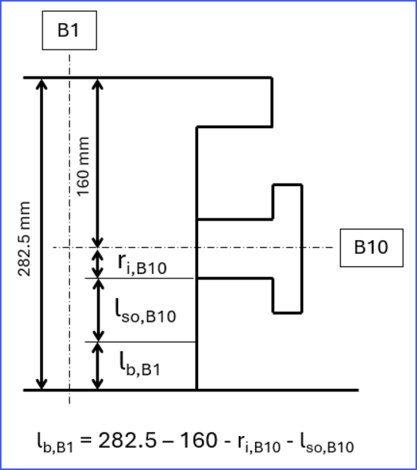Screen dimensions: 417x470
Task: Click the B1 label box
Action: tap(69, 30)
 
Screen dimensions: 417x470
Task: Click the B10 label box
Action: tap(372, 248)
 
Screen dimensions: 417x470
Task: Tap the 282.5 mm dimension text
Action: tap(24, 239)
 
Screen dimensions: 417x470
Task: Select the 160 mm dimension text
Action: tap(83, 167)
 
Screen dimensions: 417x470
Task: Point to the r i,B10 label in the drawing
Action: tap(142, 264)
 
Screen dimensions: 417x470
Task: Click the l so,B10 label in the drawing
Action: tap(146, 312)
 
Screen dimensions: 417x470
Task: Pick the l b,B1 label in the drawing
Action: tap(140, 363)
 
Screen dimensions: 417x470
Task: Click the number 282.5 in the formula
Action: tap(127, 441)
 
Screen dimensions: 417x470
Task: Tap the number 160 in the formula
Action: tap(199, 441)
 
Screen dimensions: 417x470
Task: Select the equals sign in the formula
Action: tap(86, 441)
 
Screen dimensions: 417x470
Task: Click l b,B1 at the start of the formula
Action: tap(55, 442)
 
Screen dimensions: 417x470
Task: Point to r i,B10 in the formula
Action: tap(259, 443)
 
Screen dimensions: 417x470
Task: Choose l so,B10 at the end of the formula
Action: tap(327, 442)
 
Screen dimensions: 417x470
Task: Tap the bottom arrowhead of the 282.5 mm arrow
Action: tap(42, 385)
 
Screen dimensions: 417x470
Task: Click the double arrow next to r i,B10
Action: tap(97, 263)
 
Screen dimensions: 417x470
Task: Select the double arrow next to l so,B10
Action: tap(98, 310)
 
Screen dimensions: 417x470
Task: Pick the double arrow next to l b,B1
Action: tap(97, 366)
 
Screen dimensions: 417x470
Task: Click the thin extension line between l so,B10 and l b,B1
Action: tap(140, 342)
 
